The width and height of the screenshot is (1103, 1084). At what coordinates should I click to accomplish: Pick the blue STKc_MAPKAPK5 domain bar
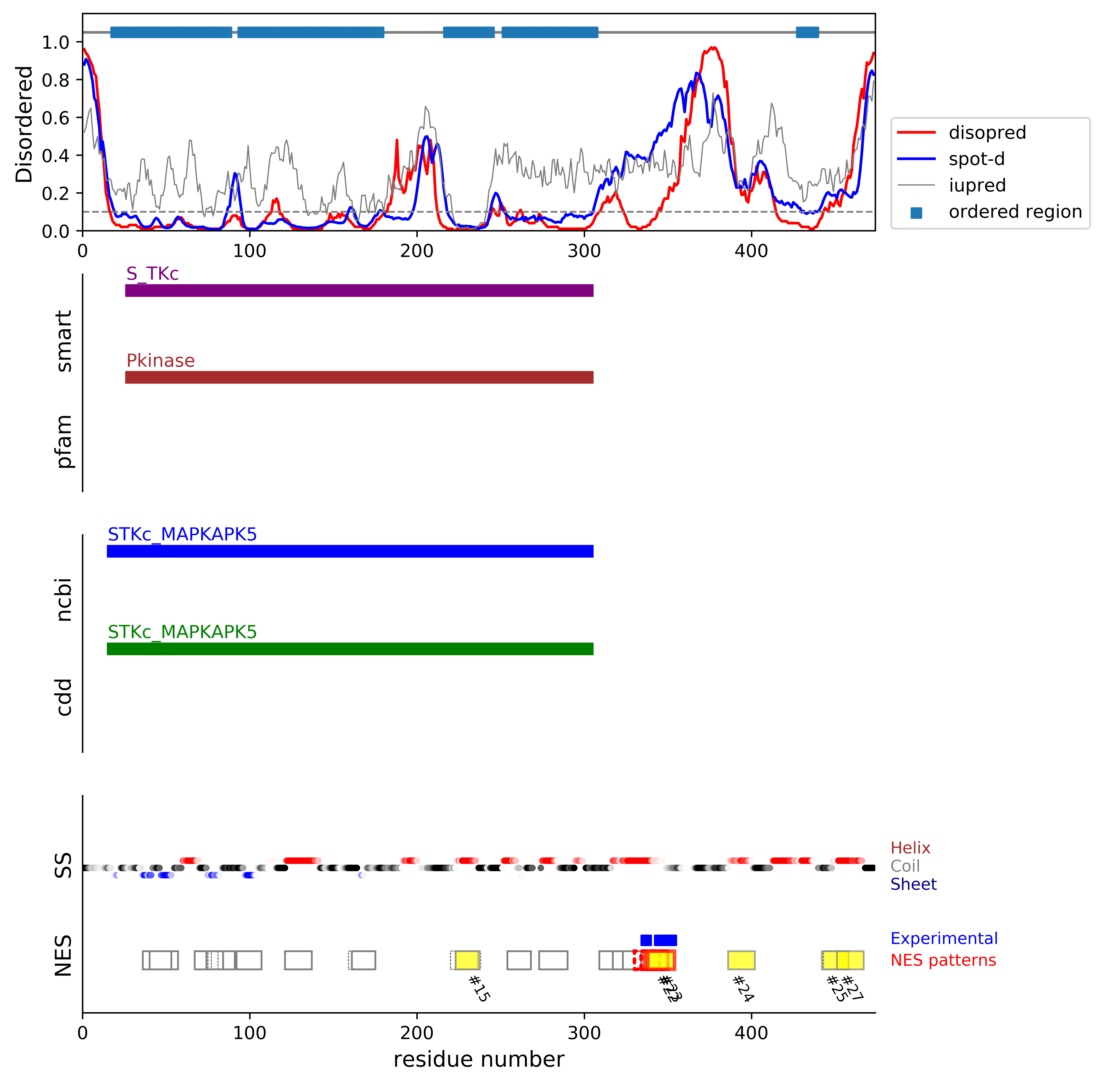click(350, 551)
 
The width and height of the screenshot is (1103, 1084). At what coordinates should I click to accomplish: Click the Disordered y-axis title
click(24, 124)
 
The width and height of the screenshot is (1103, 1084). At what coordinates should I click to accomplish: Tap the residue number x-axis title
click(479, 1060)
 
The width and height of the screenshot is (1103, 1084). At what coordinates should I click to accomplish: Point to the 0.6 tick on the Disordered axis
click(55, 118)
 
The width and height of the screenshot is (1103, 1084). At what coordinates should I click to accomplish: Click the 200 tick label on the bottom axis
click(417, 1033)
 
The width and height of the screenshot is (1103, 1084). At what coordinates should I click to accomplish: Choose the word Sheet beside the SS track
click(913, 884)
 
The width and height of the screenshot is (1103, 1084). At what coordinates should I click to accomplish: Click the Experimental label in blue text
click(944, 938)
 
